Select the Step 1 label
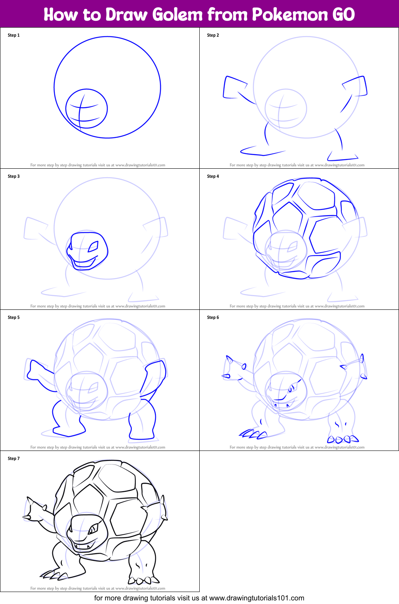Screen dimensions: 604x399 [x=14, y=35]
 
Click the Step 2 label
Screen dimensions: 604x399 [x=213, y=35]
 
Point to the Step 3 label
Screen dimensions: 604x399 [x=14, y=176]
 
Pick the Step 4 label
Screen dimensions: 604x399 [x=213, y=176]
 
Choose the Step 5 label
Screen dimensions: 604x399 [x=14, y=317]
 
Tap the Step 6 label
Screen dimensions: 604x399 [x=213, y=317]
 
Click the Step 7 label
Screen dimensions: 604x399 [x=14, y=458]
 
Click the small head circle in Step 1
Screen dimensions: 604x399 [x=87, y=108]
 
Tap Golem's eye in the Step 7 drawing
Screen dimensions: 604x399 [x=93, y=529]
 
